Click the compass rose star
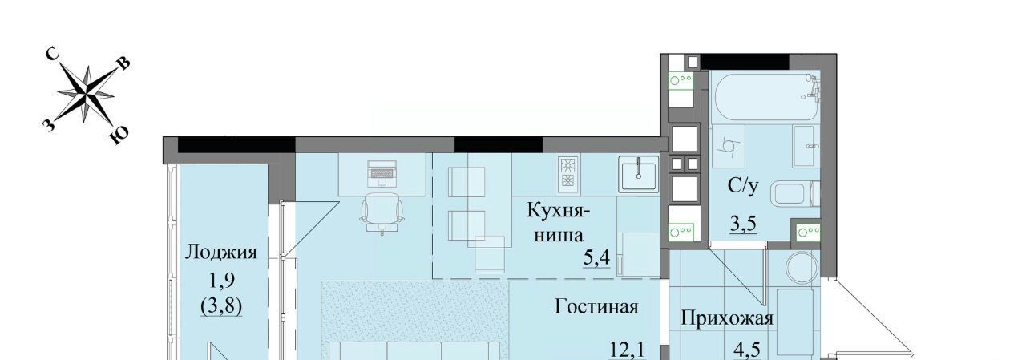click(x=86, y=95)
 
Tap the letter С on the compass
click(x=53, y=55)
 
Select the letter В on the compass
click(x=124, y=64)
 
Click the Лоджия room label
click(x=220, y=252)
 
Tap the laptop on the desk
click(x=382, y=173)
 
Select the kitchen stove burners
click(x=568, y=174)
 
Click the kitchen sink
click(x=639, y=174)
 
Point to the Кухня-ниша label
click(x=559, y=223)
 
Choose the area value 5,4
click(x=596, y=259)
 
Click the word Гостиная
click(x=596, y=306)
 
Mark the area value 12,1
click(x=627, y=351)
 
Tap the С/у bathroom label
click(x=743, y=186)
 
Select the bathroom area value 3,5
click(x=743, y=224)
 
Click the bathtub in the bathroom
click(x=765, y=97)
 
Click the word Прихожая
click(x=727, y=318)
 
